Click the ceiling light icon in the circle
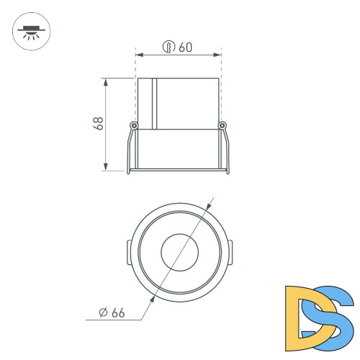tap(30, 32)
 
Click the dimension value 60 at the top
tap(186, 48)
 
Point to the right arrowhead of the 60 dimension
tap(217, 54)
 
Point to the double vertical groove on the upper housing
tap(154, 103)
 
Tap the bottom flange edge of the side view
tap(179, 171)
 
